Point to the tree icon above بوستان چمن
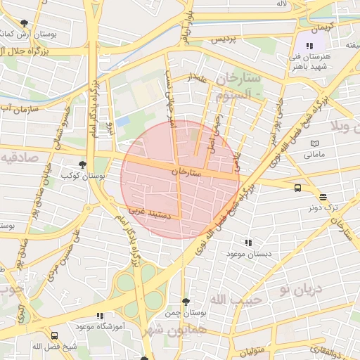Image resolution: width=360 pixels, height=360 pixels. point(185,302)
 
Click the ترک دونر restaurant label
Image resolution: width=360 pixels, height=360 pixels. point(323,209)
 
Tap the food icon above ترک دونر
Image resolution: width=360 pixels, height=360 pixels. point(323,198)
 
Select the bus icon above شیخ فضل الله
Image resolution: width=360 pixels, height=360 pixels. point(55,335)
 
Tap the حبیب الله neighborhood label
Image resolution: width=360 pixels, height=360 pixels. point(236,300)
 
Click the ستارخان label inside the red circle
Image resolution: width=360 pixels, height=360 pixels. point(186,171)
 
